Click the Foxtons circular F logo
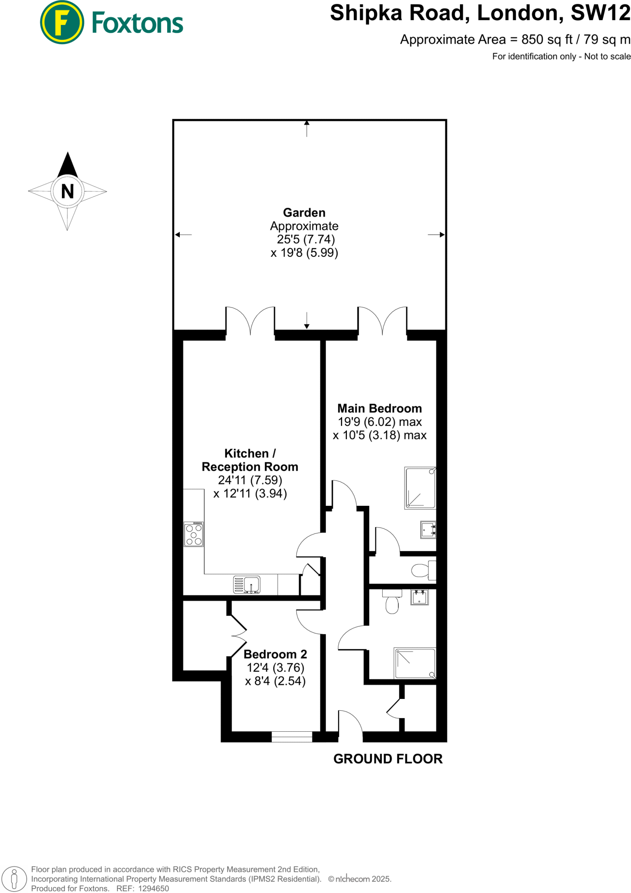[62, 22]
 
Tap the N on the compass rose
[67, 191]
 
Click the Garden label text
[304, 213]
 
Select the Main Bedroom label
[380, 409]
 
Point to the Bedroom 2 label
[275, 654]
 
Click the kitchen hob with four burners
[194, 534]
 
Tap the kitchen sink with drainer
[247, 585]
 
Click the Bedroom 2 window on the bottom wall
[291, 736]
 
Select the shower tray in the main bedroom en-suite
[420, 487]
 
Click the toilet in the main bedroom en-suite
[422, 570]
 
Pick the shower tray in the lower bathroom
[415, 663]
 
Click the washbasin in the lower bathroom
[419, 597]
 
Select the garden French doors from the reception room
[250, 322]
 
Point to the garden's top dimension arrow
[307, 128]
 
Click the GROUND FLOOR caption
[388, 759]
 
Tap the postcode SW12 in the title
[600, 13]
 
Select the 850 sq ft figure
[547, 40]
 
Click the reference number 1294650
[153, 888]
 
